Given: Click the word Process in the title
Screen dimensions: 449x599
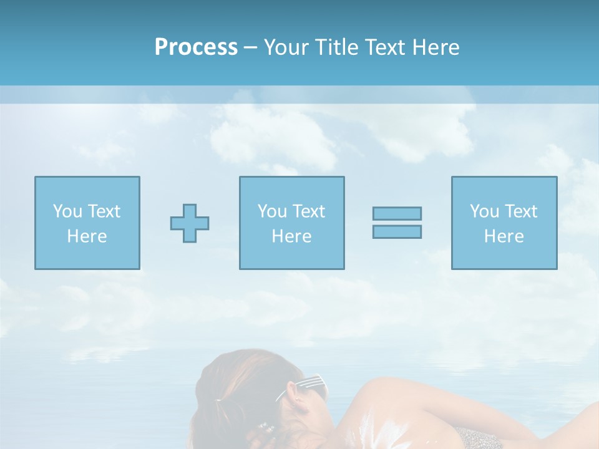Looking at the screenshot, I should [x=196, y=47].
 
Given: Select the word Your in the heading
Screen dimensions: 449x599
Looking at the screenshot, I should [x=286, y=47].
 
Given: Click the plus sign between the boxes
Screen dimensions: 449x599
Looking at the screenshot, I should [x=190, y=223].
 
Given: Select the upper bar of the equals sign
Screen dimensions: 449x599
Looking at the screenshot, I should [x=397, y=213].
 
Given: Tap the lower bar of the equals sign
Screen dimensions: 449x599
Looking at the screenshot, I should [x=397, y=231].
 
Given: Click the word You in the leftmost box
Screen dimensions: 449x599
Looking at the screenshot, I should [x=67, y=211].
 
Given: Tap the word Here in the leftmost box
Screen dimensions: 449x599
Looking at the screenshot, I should [x=87, y=236].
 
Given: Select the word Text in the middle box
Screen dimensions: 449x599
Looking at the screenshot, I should [x=309, y=211].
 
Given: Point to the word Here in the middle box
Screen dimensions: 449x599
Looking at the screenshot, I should [x=291, y=236].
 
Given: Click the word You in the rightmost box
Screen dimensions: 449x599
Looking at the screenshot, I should [x=484, y=211].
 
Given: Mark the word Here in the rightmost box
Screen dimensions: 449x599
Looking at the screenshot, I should [x=504, y=236].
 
